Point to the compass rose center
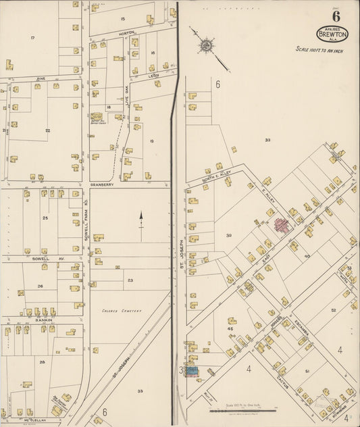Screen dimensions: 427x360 (205, 46)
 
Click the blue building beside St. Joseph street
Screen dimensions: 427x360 (192, 371)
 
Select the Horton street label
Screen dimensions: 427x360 (127, 32)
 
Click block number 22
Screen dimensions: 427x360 (47, 130)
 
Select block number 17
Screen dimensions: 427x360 (32, 38)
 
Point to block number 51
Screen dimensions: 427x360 (307, 371)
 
